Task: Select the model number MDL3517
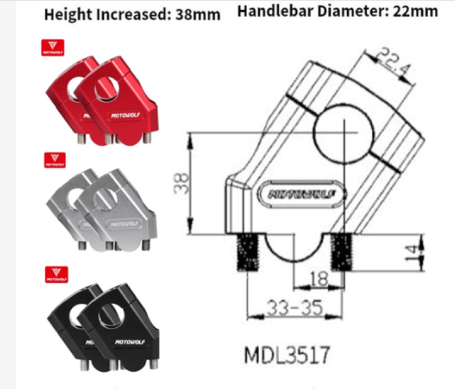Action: pyautogui.click(x=287, y=354)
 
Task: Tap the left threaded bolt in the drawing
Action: pyautogui.click(x=243, y=252)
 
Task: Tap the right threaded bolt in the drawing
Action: pyautogui.click(x=343, y=252)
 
